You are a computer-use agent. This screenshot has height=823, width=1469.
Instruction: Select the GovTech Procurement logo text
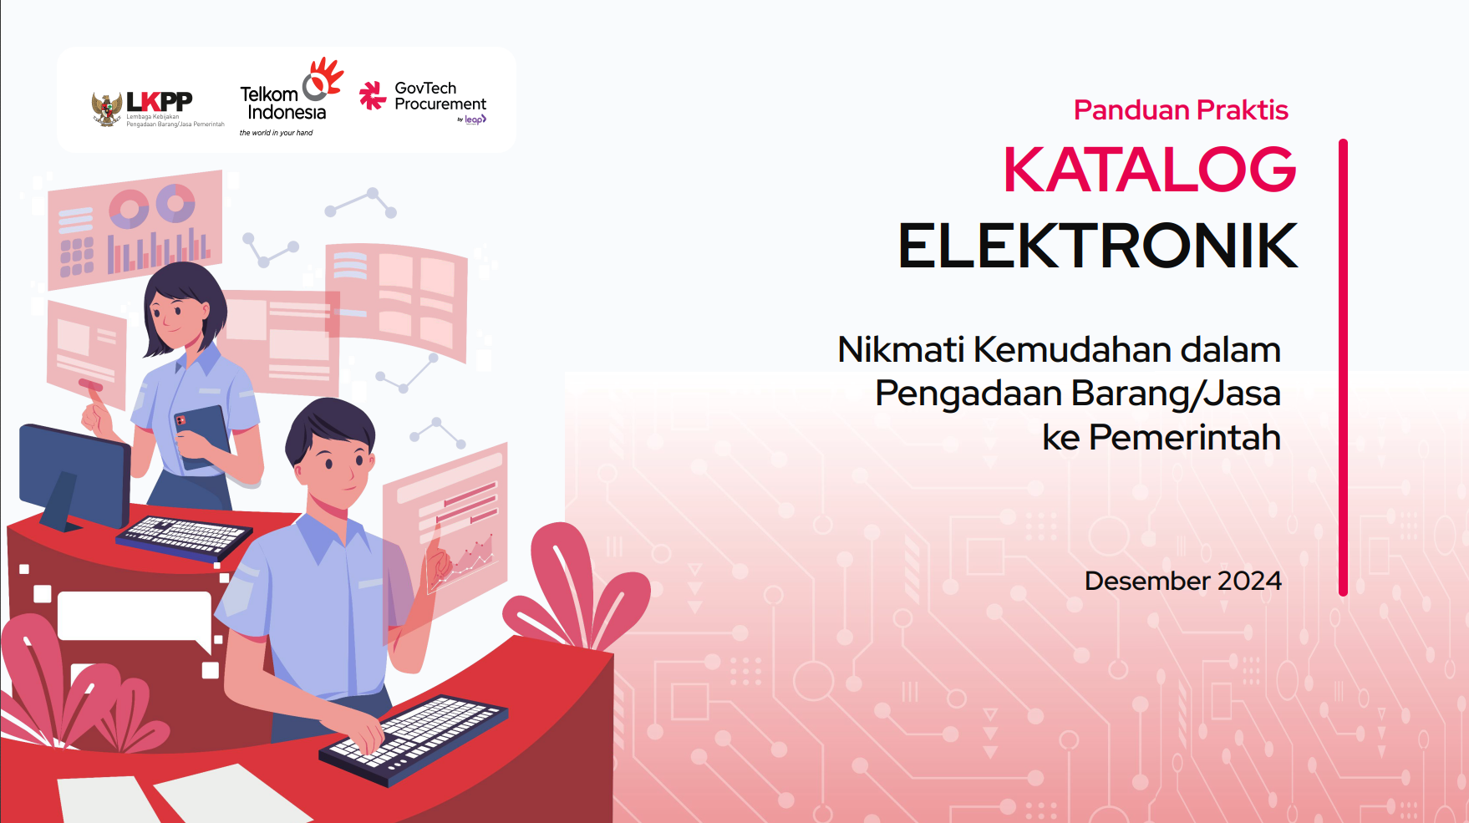(x=440, y=96)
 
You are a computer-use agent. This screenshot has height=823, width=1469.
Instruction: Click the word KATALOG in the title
(x=1149, y=170)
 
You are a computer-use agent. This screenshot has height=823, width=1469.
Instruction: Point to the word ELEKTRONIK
(x=1097, y=246)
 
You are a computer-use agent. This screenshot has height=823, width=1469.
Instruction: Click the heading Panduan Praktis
(x=1180, y=109)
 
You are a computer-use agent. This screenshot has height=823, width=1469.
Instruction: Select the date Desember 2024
(x=1182, y=581)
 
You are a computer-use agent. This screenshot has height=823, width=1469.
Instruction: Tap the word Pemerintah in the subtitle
(x=1184, y=437)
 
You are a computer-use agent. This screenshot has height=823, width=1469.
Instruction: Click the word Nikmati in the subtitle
(x=901, y=349)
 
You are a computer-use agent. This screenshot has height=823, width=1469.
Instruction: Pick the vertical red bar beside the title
(x=1343, y=368)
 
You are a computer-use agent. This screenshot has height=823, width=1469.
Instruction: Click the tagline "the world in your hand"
(x=276, y=133)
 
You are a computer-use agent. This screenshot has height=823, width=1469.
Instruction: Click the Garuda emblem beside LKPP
(x=106, y=109)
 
